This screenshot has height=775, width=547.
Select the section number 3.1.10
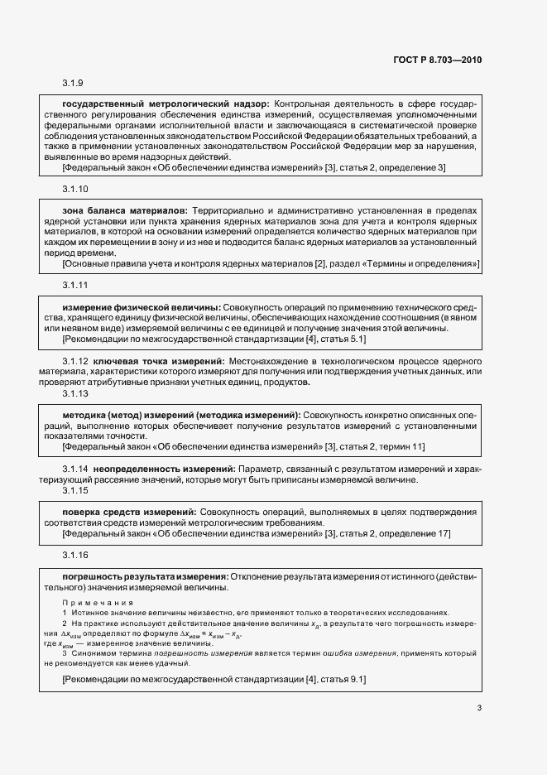75,189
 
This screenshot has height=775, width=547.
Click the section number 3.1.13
75,393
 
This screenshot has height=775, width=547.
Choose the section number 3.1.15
75,491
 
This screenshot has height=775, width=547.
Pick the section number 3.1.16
75,555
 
